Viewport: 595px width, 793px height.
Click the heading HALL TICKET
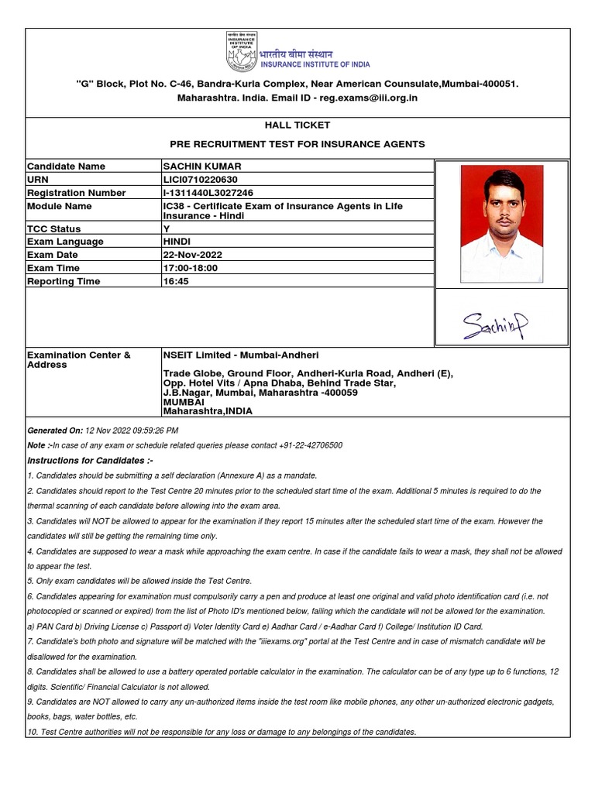[297, 125]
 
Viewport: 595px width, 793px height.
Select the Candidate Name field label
[66, 166]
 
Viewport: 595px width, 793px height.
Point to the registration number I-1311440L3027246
[208, 193]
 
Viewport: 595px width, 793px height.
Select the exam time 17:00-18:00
[191, 268]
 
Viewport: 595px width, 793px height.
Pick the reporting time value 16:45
[176, 281]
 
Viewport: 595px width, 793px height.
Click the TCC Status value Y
[166, 228]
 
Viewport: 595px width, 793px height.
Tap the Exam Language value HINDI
[177, 242]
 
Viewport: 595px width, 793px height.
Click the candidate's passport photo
[501, 224]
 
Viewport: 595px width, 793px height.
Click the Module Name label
[59, 206]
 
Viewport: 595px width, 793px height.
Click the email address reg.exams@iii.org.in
[370, 98]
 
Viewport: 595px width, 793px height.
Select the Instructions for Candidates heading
[90, 461]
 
